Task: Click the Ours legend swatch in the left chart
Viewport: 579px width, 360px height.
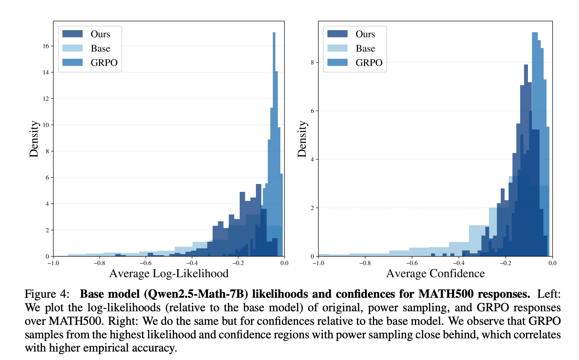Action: [72, 34]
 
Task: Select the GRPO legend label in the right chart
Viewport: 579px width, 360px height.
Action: [369, 63]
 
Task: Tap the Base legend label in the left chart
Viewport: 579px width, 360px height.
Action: [100, 48]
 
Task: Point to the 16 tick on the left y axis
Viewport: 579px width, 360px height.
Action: [46, 46]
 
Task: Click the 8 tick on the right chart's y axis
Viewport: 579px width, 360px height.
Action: [312, 62]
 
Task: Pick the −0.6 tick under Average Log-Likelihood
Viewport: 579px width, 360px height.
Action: [145, 263]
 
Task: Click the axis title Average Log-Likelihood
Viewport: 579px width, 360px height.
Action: [169, 273]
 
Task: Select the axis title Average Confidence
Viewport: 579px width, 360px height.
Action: [435, 273]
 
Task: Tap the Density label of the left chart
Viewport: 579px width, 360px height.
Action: [34, 139]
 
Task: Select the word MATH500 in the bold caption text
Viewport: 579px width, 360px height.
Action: [446, 294]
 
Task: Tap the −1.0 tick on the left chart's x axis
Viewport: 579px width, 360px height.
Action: [53, 263]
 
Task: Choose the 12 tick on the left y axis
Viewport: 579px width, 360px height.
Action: [46, 98]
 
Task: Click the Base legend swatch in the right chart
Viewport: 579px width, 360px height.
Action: [337, 48]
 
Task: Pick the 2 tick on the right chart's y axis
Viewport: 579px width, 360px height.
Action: [312, 208]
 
